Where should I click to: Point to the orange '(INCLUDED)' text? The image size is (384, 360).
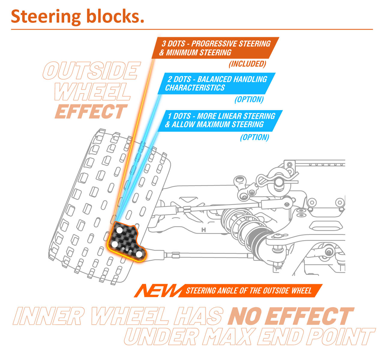(247, 64)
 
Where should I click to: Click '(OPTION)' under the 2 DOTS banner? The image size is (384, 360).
(249, 99)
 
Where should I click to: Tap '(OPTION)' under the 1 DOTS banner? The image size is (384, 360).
(254, 137)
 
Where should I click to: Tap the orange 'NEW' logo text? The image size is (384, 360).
(157, 290)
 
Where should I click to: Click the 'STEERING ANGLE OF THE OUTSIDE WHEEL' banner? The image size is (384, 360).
(249, 290)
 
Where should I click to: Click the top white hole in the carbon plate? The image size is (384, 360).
(119, 230)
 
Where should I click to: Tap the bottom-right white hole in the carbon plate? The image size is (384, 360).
(139, 254)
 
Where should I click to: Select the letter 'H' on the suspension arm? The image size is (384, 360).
(204, 230)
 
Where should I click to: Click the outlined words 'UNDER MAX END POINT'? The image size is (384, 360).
(249, 337)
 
